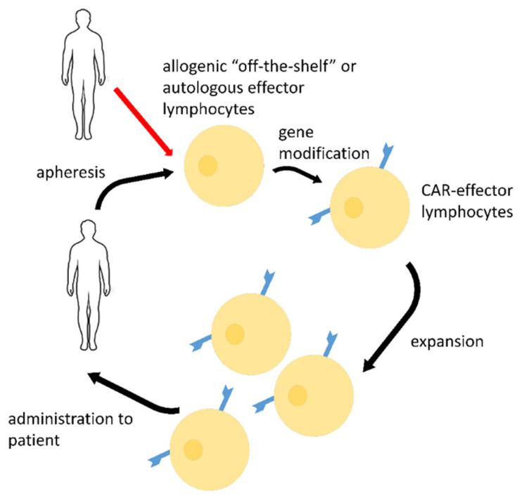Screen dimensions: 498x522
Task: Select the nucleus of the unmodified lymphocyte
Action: [x=208, y=166]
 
